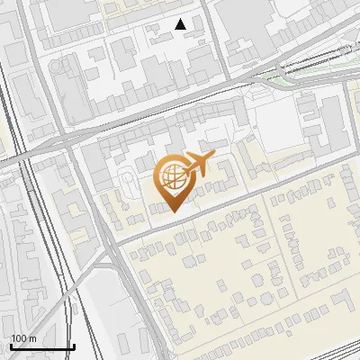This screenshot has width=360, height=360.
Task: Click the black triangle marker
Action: point(181,24)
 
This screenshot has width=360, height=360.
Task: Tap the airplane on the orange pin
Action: point(197,165)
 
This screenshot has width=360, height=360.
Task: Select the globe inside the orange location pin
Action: point(172,177)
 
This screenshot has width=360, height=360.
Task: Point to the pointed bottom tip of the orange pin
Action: point(172,211)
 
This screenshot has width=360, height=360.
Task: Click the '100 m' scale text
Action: point(23,338)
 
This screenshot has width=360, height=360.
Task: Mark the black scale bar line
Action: point(42,346)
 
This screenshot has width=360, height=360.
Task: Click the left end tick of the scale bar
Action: point(11,345)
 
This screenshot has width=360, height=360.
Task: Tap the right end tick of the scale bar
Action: point(74,345)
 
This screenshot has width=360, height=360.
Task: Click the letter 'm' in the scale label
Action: point(33,338)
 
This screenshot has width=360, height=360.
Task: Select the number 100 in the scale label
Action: point(19,338)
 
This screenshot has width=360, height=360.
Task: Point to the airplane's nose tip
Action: point(215,157)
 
